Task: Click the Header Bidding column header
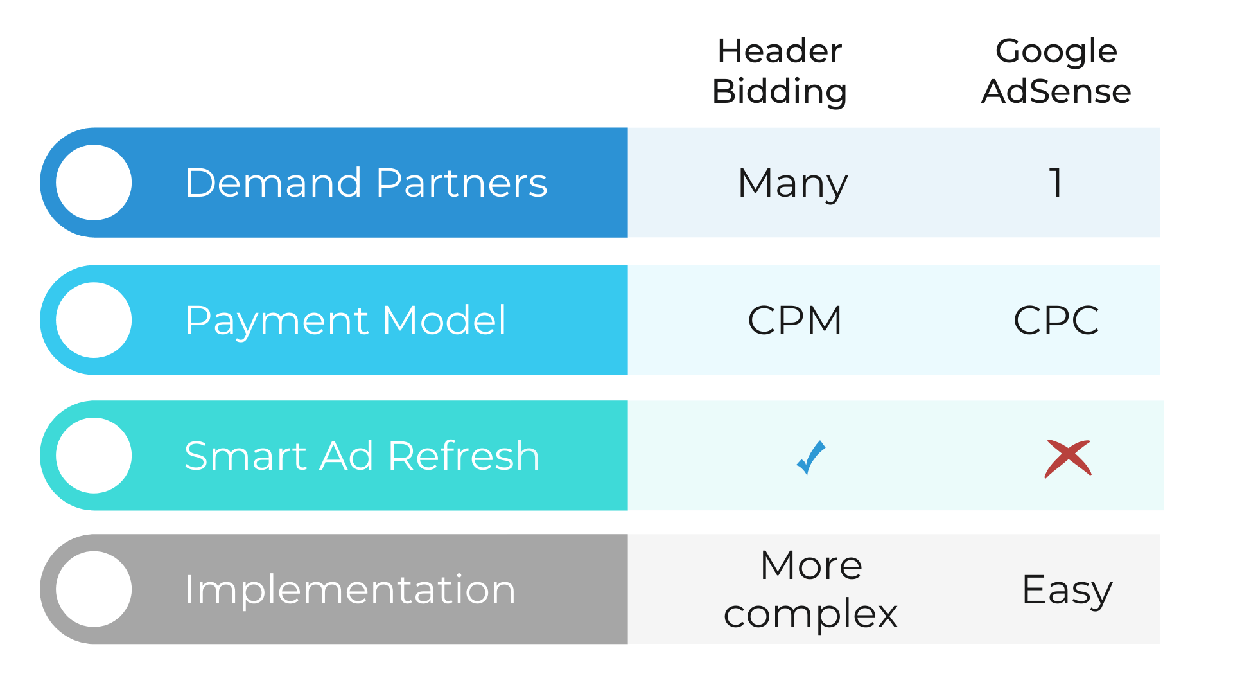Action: pyautogui.click(x=780, y=71)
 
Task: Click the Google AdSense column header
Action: pyautogui.click(x=1056, y=71)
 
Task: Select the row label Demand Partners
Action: pyautogui.click(x=366, y=183)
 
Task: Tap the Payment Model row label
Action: pyautogui.click(x=345, y=320)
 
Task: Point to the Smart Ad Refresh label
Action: pyautogui.click(x=362, y=456)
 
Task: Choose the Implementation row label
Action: pyautogui.click(x=350, y=590)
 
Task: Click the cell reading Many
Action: pyautogui.click(x=793, y=184)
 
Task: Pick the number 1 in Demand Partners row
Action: pyautogui.click(x=1056, y=182)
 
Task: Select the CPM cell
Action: pyautogui.click(x=795, y=320)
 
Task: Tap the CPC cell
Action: pyautogui.click(x=1056, y=320)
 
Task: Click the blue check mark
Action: pyautogui.click(x=810, y=458)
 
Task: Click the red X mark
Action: pyautogui.click(x=1068, y=458)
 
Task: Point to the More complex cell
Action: pyautogui.click(x=810, y=589)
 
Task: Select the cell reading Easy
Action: pyautogui.click(x=1067, y=590)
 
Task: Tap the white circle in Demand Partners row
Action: pyautogui.click(x=94, y=182)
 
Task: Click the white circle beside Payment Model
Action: pyautogui.click(x=94, y=320)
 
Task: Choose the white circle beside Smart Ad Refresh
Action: pyautogui.click(x=94, y=456)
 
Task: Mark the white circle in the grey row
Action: pyautogui.click(x=94, y=589)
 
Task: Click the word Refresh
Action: pyautogui.click(x=464, y=456)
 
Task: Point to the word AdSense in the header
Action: pyautogui.click(x=1056, y=91)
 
